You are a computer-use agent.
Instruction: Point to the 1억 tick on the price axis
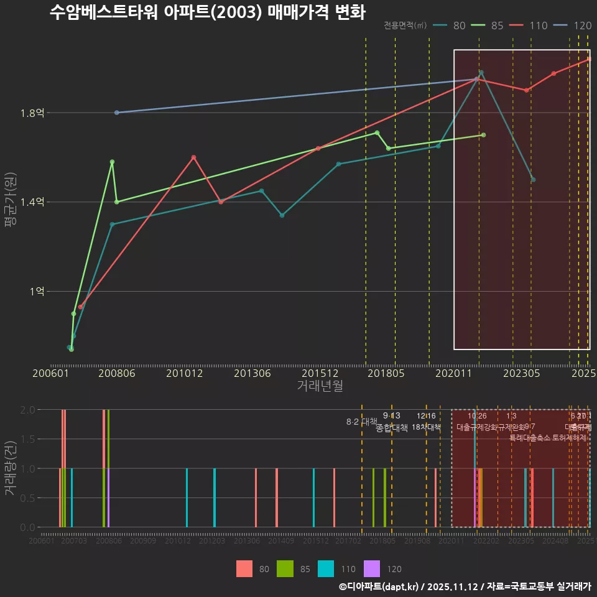tap(36, 292)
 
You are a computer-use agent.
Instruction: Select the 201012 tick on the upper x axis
tap(185, 374)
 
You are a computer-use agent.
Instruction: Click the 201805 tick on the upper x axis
tap(386, 374)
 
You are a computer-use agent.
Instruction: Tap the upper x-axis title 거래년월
tap(320, 386)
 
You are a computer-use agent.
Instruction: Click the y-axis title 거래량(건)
tap(11, 468)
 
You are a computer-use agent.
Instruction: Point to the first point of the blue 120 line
tap(116, 113)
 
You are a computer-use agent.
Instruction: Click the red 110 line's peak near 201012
tap(193, 157)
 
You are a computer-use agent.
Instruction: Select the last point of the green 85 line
tap(483, 135)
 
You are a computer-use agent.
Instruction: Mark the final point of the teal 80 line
tap(533, 180)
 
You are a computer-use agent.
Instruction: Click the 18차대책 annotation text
tap(426, 427)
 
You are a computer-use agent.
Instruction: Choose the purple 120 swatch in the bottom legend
tap(371, 568)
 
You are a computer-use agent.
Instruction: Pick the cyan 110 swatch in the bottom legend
tap(325, 568)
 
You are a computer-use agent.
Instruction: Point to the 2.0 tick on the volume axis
tap(27, 410)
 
